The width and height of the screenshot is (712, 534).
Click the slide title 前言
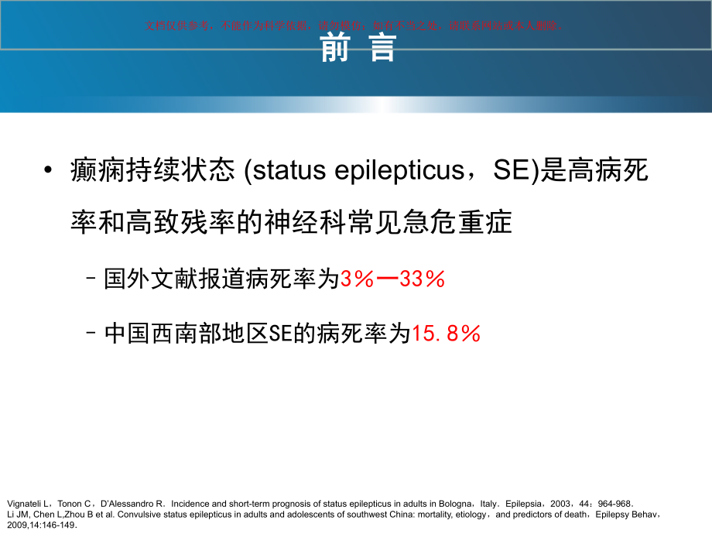[x=357, y=48]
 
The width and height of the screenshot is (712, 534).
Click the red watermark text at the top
[x=355, y=25]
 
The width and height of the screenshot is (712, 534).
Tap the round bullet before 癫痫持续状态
[x=50, y=171]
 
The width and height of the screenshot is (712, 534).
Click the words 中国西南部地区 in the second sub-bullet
[x=186, y=334]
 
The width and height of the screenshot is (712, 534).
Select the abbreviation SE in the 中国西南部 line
[x=281, y=334]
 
